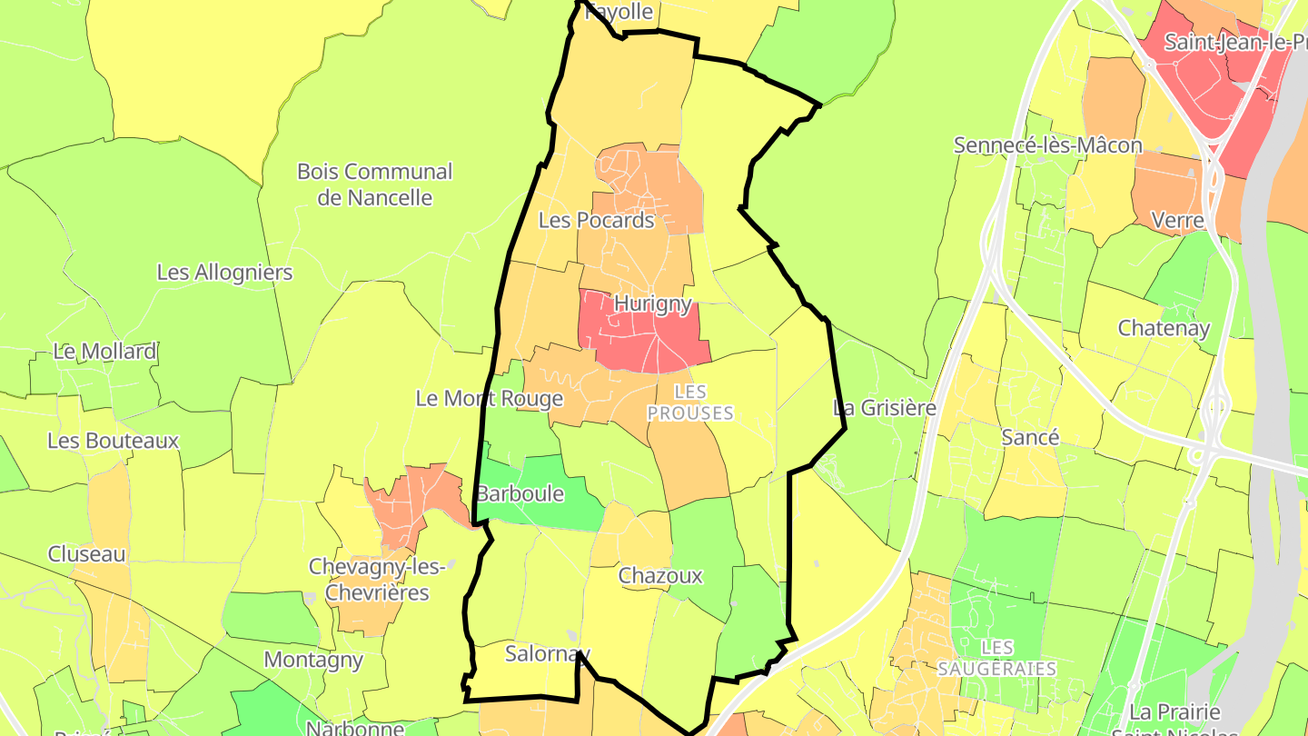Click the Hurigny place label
(652, 303)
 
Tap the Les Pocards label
(596, 220)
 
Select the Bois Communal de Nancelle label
(374, 184)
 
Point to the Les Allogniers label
(224, 273)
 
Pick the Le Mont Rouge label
(489, 398)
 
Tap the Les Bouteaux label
(113, 441)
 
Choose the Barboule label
(520, 494)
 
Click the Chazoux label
(660, 575)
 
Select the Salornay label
(547, 653)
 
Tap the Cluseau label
(86, 554)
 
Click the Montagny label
(313, 660)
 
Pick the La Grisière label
(884, 408)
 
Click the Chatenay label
(1164, 328)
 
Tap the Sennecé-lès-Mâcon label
(1047, 145)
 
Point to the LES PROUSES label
(690, 402)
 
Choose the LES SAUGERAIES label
(997, 658)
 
